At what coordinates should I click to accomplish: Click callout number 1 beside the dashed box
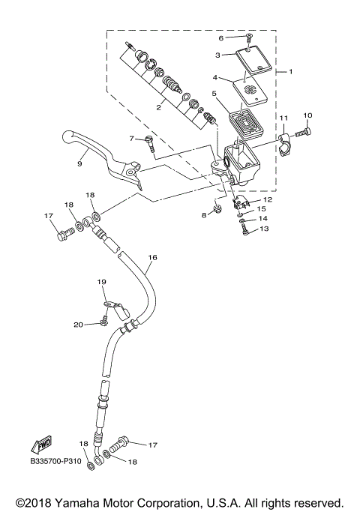pos(290,71)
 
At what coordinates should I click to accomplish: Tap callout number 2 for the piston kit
pos(159,107)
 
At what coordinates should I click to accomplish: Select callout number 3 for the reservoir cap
pos(217,55)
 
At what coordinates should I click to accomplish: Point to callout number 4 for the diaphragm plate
pos(215,77)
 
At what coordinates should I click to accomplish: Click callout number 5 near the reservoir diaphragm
pos(214,94)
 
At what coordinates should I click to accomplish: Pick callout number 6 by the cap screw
pos(221,37)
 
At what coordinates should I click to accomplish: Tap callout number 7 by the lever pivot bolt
pos(131,139)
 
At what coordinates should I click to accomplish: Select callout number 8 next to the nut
pos(202,216)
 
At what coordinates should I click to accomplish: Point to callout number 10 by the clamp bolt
pos(307,115)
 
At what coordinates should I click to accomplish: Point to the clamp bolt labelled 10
pos(298,132)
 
